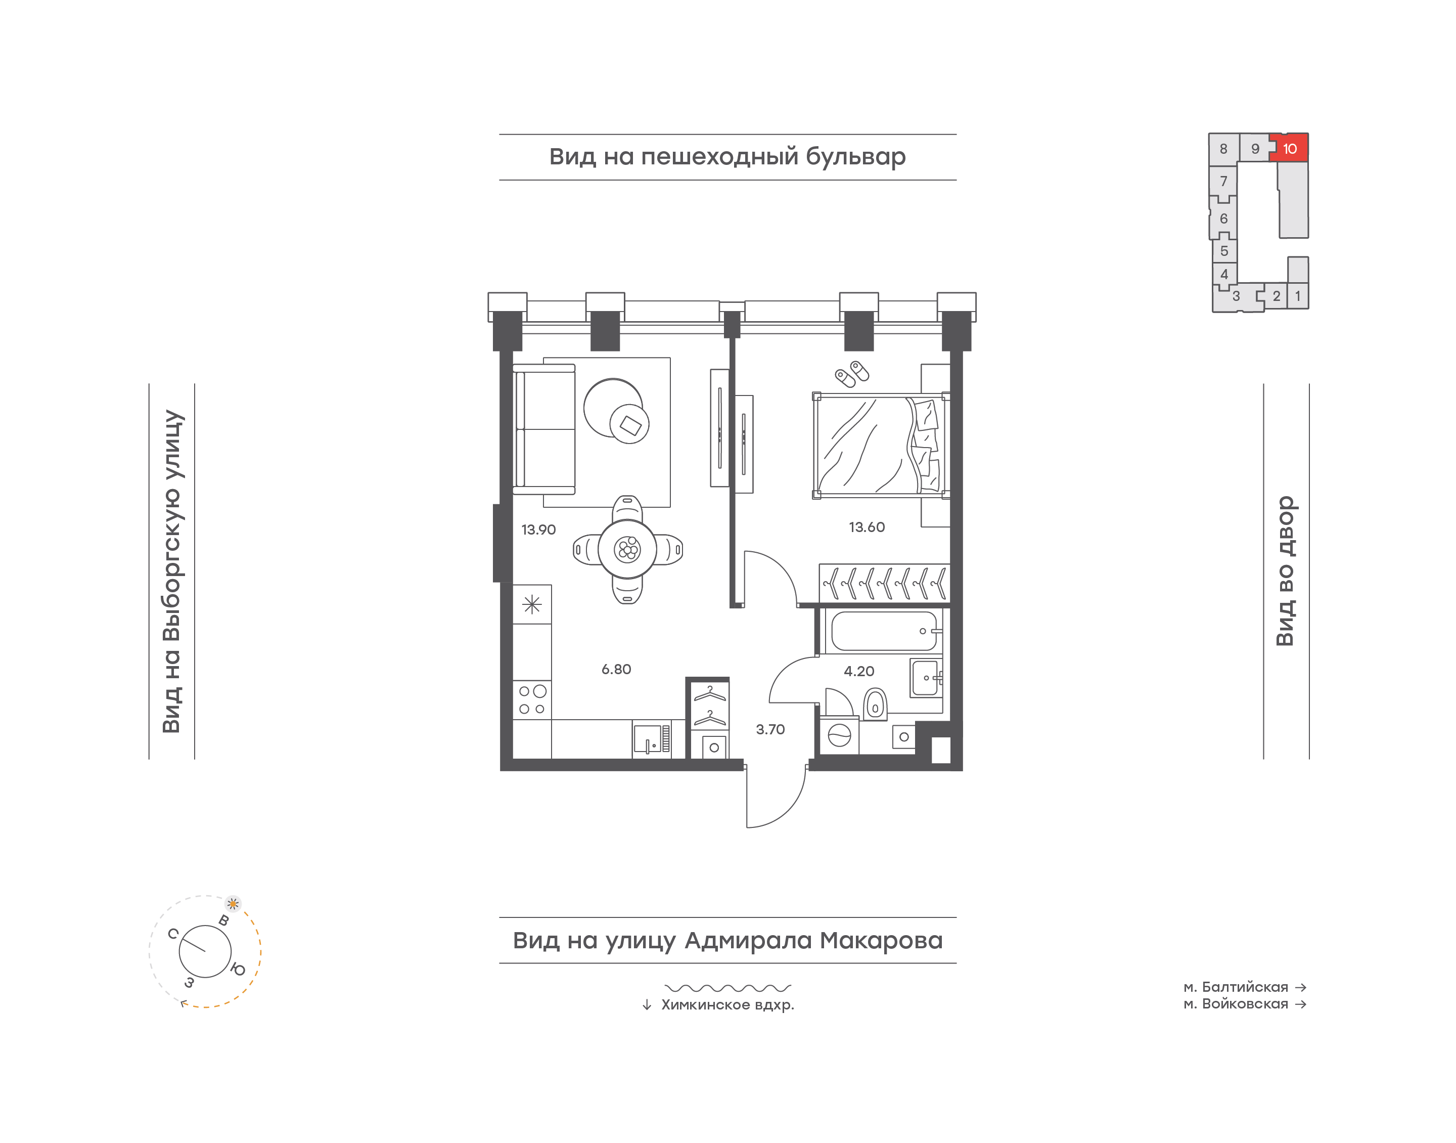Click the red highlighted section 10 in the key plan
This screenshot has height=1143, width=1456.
1290,148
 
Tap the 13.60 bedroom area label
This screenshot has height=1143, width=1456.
867,527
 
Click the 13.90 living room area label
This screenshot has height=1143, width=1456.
538,530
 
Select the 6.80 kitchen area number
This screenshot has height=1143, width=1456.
616,669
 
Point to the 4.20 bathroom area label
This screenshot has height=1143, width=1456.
859,671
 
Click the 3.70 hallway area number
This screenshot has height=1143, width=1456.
770,729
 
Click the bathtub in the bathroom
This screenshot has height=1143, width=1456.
884,631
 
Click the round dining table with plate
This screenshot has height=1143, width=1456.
627,549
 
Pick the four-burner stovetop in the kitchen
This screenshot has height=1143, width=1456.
532,700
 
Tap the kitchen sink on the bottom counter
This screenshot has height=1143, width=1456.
652,739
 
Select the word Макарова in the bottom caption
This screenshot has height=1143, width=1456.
882,941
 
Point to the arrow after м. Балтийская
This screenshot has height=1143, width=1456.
1301,987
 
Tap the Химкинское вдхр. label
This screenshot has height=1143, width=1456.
727,1005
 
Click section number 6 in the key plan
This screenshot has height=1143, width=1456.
1224,219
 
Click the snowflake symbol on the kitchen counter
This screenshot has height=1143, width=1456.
532,605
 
